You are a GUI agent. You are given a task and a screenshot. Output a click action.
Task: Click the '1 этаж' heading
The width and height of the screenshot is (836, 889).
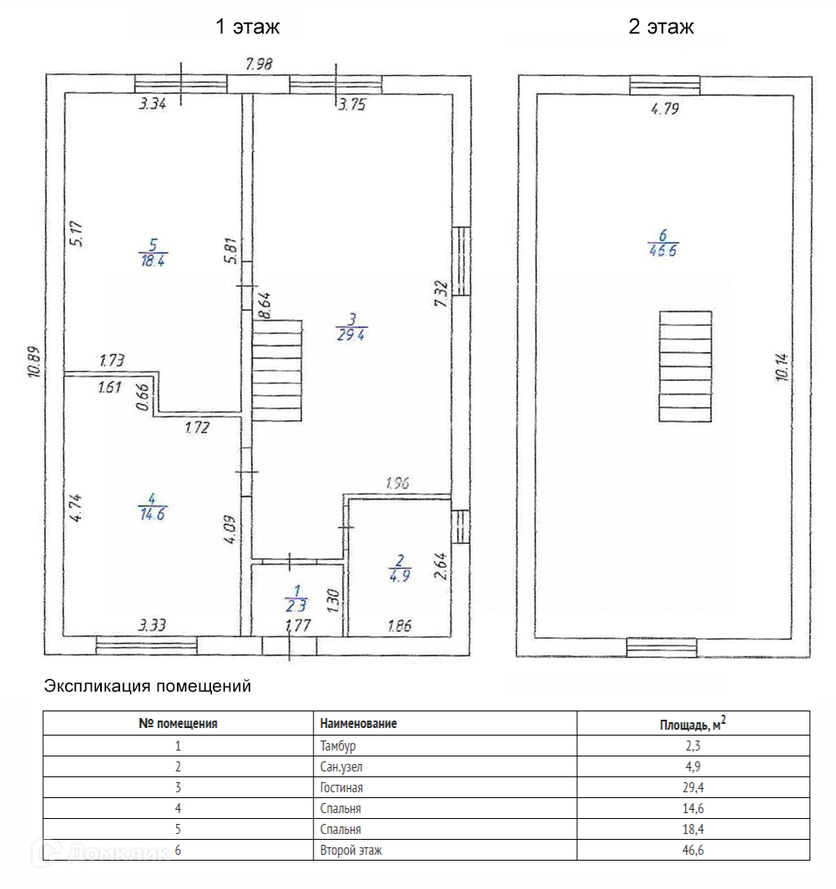pyautogui.click(x=248, y=27)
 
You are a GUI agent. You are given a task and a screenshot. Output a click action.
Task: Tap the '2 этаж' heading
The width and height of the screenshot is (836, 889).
pyautogui.click(x=661, y=27)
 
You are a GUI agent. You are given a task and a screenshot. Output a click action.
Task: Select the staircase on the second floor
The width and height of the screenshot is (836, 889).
pyautogui.click(x=686, y=366)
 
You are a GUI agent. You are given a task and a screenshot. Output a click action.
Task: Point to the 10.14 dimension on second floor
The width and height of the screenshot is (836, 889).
pyautogui.click(x=781, y=366)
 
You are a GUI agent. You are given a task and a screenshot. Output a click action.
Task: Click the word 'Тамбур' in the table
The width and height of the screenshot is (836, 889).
pyautogui.click(x=343, y=746)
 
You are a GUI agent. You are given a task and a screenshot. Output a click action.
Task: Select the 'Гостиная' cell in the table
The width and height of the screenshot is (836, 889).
pyautogui.click(x=341, y=787)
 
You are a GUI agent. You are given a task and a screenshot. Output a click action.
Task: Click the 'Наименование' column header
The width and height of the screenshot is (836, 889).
pyautogui.click(x=358, y=724)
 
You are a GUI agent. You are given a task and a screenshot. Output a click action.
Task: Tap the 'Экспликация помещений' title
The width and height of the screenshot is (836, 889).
pyautogui.click(x=147, y=687)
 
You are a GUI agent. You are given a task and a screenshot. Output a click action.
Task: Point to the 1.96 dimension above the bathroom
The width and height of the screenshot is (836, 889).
pyautogui.click(x=399, y=483)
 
